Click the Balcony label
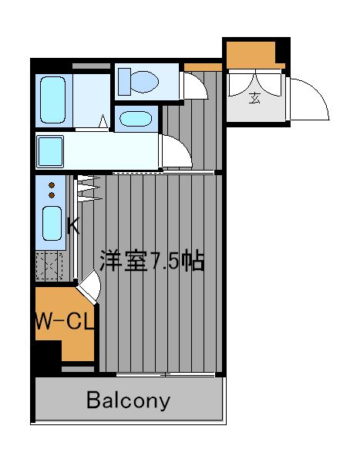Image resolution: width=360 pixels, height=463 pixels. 128,400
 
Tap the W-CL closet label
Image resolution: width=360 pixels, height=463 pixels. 65,321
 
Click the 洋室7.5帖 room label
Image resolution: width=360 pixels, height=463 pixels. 152,261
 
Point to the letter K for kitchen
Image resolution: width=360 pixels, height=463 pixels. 73,226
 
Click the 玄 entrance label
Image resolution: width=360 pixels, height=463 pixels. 254,98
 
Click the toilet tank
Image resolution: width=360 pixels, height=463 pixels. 124,82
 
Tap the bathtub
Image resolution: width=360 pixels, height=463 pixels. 53,100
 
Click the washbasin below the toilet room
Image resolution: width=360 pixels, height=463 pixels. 136,119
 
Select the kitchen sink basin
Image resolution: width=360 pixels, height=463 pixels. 52,224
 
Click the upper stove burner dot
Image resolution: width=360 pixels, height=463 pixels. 52,185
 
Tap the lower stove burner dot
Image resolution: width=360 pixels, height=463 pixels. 52,195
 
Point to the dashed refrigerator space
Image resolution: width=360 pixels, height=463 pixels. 49,266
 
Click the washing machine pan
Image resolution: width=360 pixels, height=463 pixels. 50,151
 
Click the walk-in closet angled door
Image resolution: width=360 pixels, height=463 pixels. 89,287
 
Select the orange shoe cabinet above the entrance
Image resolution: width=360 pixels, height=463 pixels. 253,56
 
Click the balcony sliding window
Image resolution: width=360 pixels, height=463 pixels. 166,375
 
